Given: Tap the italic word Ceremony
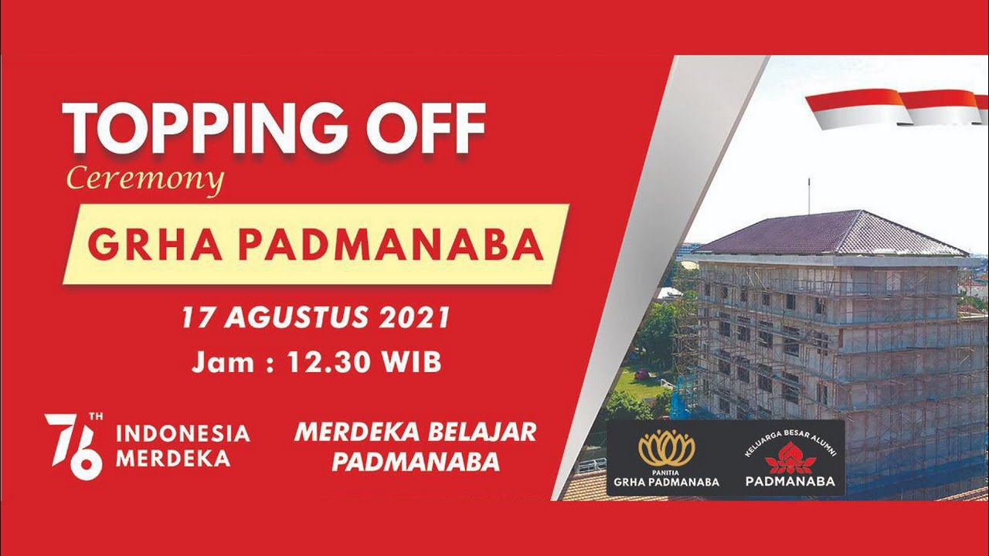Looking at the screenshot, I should pos(145,180).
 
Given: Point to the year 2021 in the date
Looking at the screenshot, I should pos(416,318).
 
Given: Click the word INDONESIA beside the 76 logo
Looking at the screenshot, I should pos(182,433).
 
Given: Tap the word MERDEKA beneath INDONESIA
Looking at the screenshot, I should pos(173,458).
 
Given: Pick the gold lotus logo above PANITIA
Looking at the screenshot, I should pos(666,447).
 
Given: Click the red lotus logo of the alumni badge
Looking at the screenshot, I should pos(790,457).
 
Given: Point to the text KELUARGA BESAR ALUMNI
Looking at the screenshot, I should pos(790,441).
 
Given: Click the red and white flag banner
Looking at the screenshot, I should pos(896,107).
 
